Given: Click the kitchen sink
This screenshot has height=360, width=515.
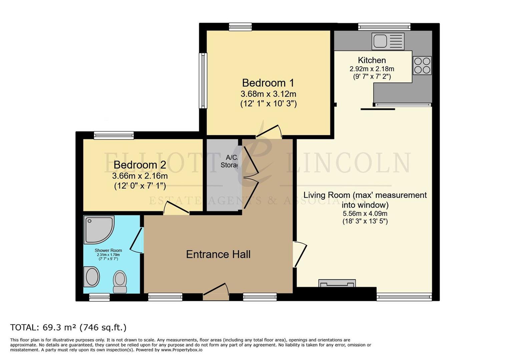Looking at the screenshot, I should pos(388,41).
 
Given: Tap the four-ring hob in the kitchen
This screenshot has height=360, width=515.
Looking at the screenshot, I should pos(422,65).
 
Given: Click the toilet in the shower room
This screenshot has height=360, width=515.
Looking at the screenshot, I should pos(120,281).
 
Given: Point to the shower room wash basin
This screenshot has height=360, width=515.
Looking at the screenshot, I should pos(91,277).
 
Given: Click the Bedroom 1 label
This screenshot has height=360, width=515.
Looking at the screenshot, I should pos(268,83).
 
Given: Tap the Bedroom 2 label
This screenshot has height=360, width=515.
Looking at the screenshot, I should pos(140,165).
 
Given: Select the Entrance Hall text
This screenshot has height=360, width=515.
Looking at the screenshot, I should pos(218,254).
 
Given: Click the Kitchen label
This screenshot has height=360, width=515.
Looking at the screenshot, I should pos(372,60).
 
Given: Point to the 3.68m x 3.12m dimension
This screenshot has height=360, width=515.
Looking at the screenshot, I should pos(268,94).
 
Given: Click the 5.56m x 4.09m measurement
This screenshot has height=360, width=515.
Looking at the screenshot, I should pos(365,214).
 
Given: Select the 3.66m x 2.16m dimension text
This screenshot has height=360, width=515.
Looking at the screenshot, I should pos(140,176).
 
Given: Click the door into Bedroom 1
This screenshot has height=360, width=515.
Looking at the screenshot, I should pos(269,132).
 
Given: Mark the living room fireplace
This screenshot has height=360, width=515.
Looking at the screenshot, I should pos(337,284).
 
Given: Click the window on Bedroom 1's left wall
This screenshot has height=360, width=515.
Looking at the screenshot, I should pos(203,81).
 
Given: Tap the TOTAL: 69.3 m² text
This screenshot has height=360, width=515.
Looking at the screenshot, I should pos(68,327).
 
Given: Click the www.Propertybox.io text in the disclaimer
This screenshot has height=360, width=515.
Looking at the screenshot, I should pos(181,350).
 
